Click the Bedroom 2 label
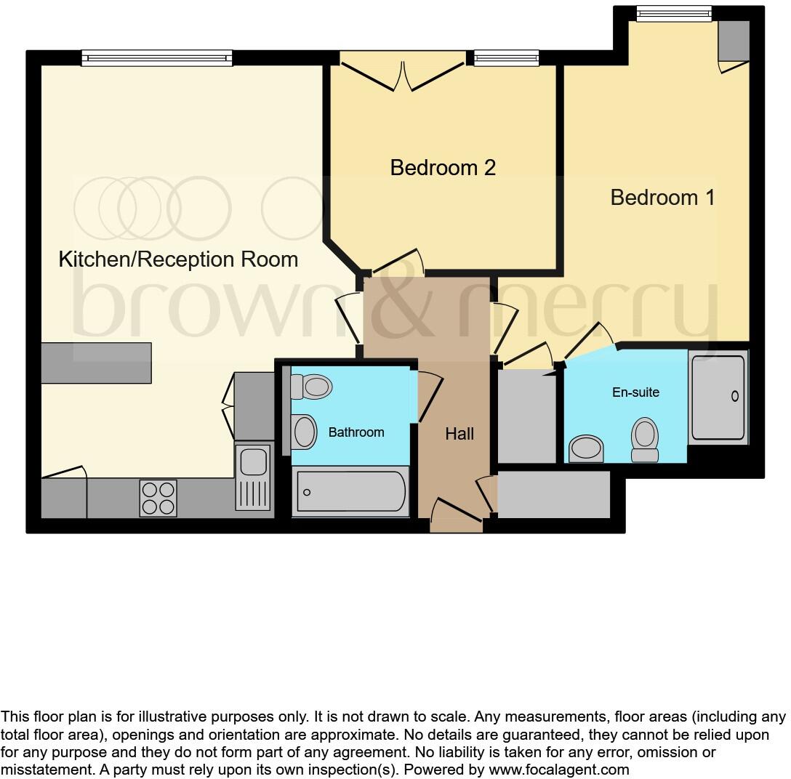click(x=443, y=168)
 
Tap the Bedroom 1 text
click(x=662, y=197)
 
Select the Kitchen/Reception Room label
click(x=178, y=259)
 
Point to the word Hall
click(x=459, y=434)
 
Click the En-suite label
click(x=635, y=392)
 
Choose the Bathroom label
click(x=356, y=432)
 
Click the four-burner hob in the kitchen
click(x=158, y=498)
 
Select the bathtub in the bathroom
click(x=350, y=492)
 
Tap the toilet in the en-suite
click(x=644, y=439)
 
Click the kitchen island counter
click(x=97, y=363)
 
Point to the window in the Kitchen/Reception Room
click(x=157, y=58)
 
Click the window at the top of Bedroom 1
click(x=673, y=13)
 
